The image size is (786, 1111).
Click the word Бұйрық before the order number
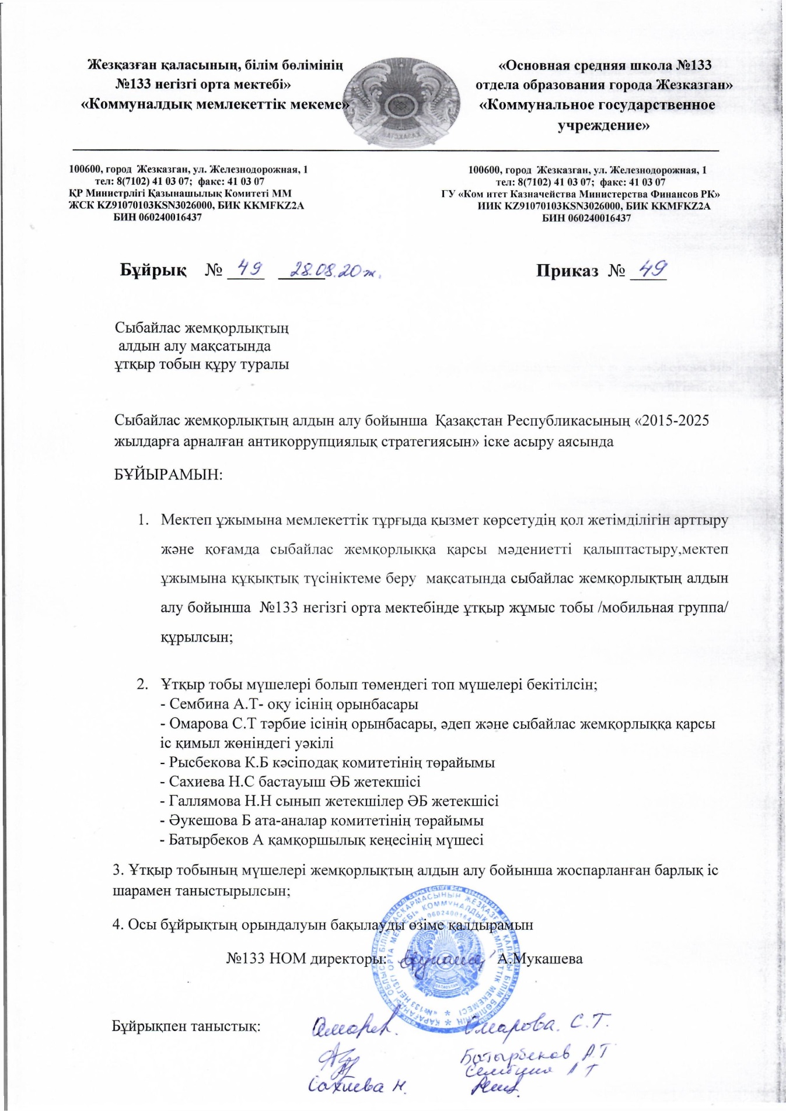pos(153,271)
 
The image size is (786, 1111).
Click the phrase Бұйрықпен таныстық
pos(186,1026)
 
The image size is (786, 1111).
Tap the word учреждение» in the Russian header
pos(604,125)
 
